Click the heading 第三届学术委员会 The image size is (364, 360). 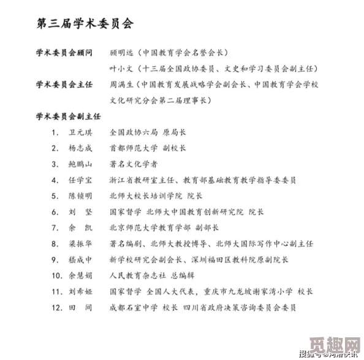(x=85, y=24)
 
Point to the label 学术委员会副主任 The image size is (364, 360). (x=67, y=116)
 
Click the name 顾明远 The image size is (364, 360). (x=121, y=53)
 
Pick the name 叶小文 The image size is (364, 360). (x=121, y=69)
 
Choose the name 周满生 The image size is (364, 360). (x=121, y=84)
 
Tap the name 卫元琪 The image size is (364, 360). (x=81, y=132)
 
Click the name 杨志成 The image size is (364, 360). (x=81, y=148)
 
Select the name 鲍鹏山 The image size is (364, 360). (x=81, y=164)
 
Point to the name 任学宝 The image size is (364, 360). (x=81, y=180)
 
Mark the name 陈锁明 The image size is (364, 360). (x=81, y=196)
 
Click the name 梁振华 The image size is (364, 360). (x=81, y=244)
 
